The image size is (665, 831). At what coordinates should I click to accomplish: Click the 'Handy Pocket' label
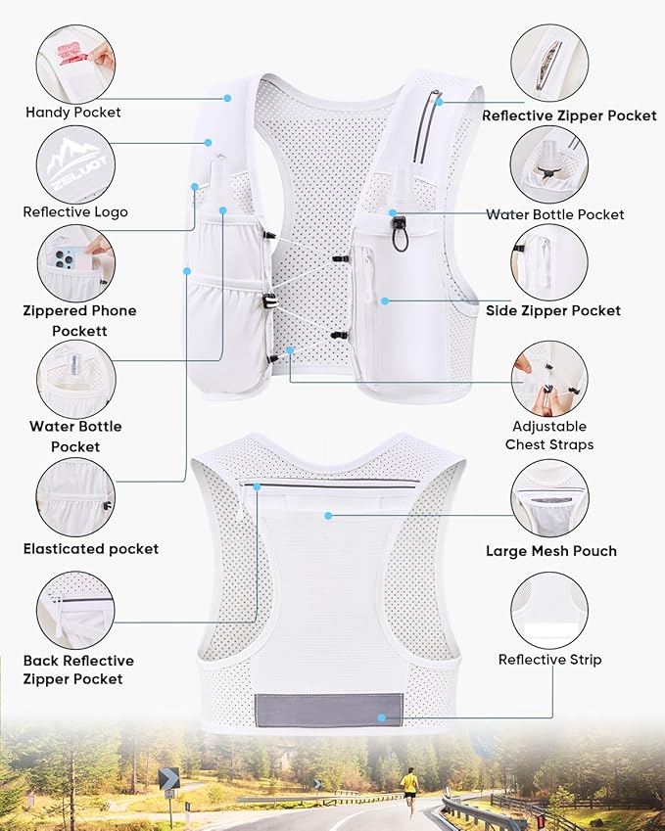coord(73,113)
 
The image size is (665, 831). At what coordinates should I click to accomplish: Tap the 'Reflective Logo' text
coord(75,211)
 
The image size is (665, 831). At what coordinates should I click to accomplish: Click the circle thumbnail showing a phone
coord(75,263)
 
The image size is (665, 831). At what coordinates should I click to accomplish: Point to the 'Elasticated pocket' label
coord(91,549)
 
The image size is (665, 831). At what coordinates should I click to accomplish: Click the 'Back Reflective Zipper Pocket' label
coord(78,669)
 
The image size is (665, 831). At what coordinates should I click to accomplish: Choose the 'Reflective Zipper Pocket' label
coord(569,115)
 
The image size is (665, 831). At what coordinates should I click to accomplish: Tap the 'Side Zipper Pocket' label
coord(553,310)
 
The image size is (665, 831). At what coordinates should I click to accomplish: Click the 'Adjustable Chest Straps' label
coord(549,436)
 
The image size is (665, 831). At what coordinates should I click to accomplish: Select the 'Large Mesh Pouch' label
coord(551,551)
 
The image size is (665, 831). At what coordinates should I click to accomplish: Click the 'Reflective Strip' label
coord(549,660)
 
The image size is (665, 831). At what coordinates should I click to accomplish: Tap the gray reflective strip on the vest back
coord(328,710)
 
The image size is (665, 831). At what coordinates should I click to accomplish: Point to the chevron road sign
coord(169,779)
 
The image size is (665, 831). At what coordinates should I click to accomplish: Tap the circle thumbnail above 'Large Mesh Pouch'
coord(549,498)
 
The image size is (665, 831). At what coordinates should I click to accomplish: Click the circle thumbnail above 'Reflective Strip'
coord(549,610)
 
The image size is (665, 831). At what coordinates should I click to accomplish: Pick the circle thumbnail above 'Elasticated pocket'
coord(75,496)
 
